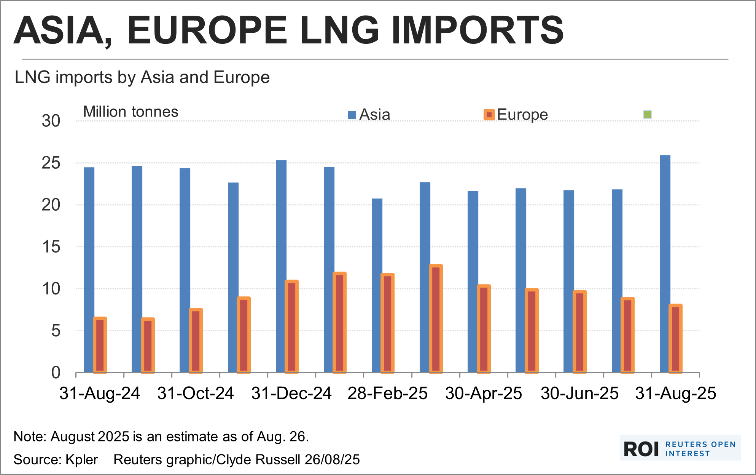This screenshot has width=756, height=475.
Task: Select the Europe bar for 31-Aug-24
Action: tap(100, 345)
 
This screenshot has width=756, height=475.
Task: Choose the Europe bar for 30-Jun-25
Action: tap(579, 331)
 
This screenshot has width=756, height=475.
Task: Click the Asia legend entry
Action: tap(369, 115)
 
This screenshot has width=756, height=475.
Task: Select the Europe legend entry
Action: tap(516, 115)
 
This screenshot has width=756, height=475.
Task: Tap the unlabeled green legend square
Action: tap(648, 115)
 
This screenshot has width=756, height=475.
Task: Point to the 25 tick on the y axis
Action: tap(51, 163)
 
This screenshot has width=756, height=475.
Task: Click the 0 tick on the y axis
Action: tap(56, 373)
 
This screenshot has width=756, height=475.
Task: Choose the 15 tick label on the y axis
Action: tap(51, 247)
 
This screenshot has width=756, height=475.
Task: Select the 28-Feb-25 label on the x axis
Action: tap(387, 393)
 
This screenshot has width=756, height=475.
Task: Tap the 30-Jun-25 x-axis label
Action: tap(579, 393)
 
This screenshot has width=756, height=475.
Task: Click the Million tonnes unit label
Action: tap(131, 112)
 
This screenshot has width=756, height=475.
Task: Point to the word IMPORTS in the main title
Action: tap(477, 30)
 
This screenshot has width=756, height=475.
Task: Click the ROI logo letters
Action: tap(641, 449)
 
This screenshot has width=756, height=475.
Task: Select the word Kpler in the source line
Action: tap(81, 460)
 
